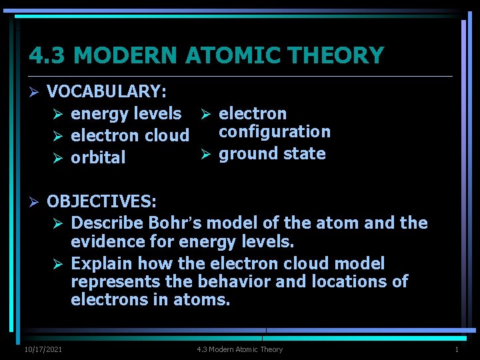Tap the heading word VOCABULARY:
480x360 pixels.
tap(107, 91)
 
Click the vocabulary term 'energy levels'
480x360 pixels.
tap(126, 113)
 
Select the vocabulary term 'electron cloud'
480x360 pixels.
tap(130, 135)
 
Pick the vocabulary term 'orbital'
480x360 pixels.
tap(98, 157)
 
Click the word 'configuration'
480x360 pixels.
tap(275, 131)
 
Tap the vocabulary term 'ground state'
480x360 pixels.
tap(272, 153)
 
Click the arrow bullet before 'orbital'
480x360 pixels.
tap(58, 158)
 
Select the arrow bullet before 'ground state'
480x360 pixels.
tap(206, 154)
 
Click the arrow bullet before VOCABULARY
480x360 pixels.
tap(34, 91)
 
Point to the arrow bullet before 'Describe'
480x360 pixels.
tap(58, 223)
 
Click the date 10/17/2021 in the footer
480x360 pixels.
tap(43, 349)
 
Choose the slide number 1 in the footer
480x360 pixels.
tap(457, 349)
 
